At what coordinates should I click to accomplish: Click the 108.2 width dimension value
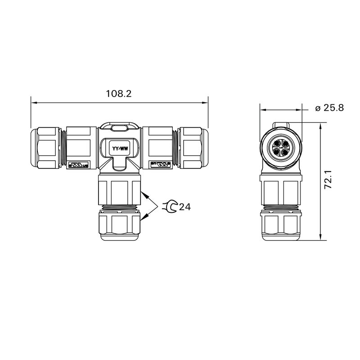118,94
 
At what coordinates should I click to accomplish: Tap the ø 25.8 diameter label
329,108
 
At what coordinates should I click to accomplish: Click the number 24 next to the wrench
185,207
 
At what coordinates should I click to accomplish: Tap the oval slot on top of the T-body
119,128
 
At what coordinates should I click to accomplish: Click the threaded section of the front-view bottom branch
119,208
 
